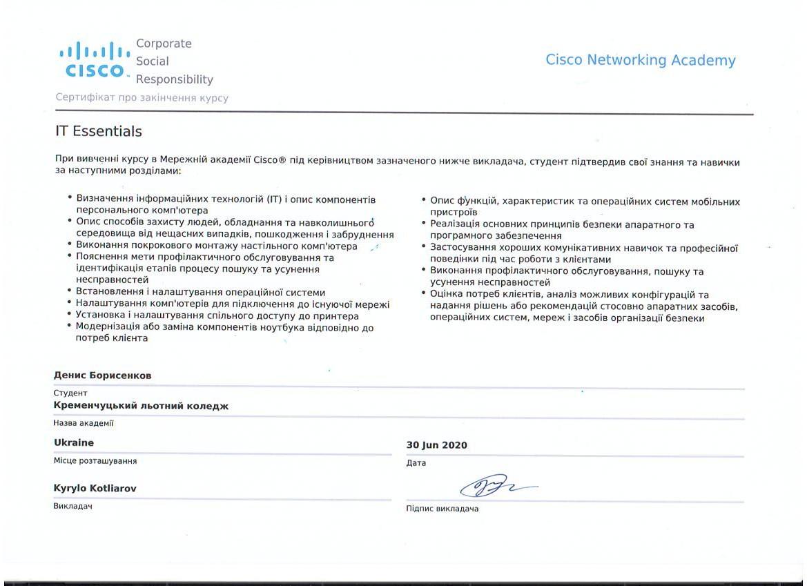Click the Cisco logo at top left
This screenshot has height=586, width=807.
pos(95,61)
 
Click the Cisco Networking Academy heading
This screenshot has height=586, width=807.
pos(640,60)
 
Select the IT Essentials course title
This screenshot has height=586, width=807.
pos(99,131)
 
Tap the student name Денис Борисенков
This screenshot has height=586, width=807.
pos(102,375)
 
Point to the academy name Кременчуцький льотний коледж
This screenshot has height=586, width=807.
pos(141,406)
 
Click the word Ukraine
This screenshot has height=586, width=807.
pos(74,442)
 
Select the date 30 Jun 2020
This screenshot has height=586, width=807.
pos(436,445)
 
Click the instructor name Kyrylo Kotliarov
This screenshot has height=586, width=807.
pos(95,488)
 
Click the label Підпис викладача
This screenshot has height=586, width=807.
pos(442,509)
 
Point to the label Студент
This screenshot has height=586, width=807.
pos(70,393)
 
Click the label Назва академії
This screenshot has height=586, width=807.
pos(84,423)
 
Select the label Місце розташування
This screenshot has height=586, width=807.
pos(95,460)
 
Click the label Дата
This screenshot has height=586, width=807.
pos(416,463)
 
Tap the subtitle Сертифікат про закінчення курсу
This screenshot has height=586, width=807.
pos(142,98)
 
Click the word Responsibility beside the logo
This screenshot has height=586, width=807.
pos(175,79)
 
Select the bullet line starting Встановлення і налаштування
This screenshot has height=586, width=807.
pos(200,293)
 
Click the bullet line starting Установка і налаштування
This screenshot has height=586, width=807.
pos(217,315)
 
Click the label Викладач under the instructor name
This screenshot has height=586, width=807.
pos(73,506)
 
